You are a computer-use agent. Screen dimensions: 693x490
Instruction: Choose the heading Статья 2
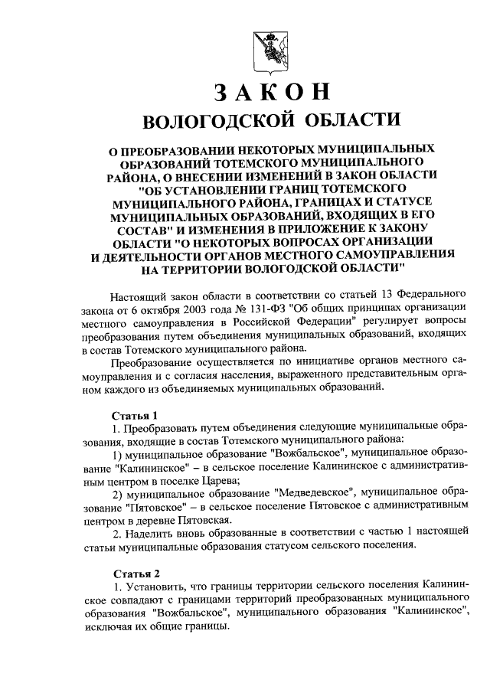[136, 573]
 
